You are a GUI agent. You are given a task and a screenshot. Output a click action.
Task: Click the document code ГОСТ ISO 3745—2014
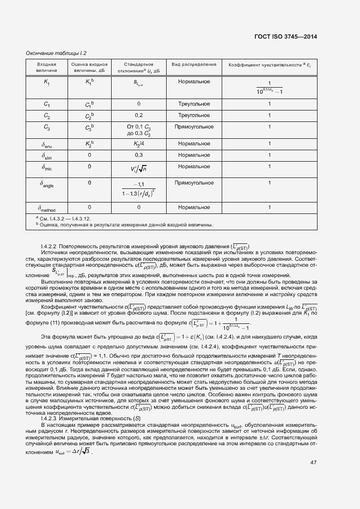tap(285, 37)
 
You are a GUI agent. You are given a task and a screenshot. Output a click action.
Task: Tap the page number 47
tap(313, 462)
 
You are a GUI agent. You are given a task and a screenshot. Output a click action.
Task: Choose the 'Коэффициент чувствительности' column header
tap(269, 65)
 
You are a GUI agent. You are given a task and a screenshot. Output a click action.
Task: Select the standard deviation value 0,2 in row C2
tap(138, 116)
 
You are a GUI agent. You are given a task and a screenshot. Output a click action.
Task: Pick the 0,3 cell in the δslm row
tap(138, 155)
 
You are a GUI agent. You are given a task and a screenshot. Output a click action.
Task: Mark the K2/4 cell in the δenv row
tap(138, 144)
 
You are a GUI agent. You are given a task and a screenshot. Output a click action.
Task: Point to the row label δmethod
tap(47, 207)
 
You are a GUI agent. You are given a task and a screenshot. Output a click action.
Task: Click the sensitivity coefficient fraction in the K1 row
tap(269, 88)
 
